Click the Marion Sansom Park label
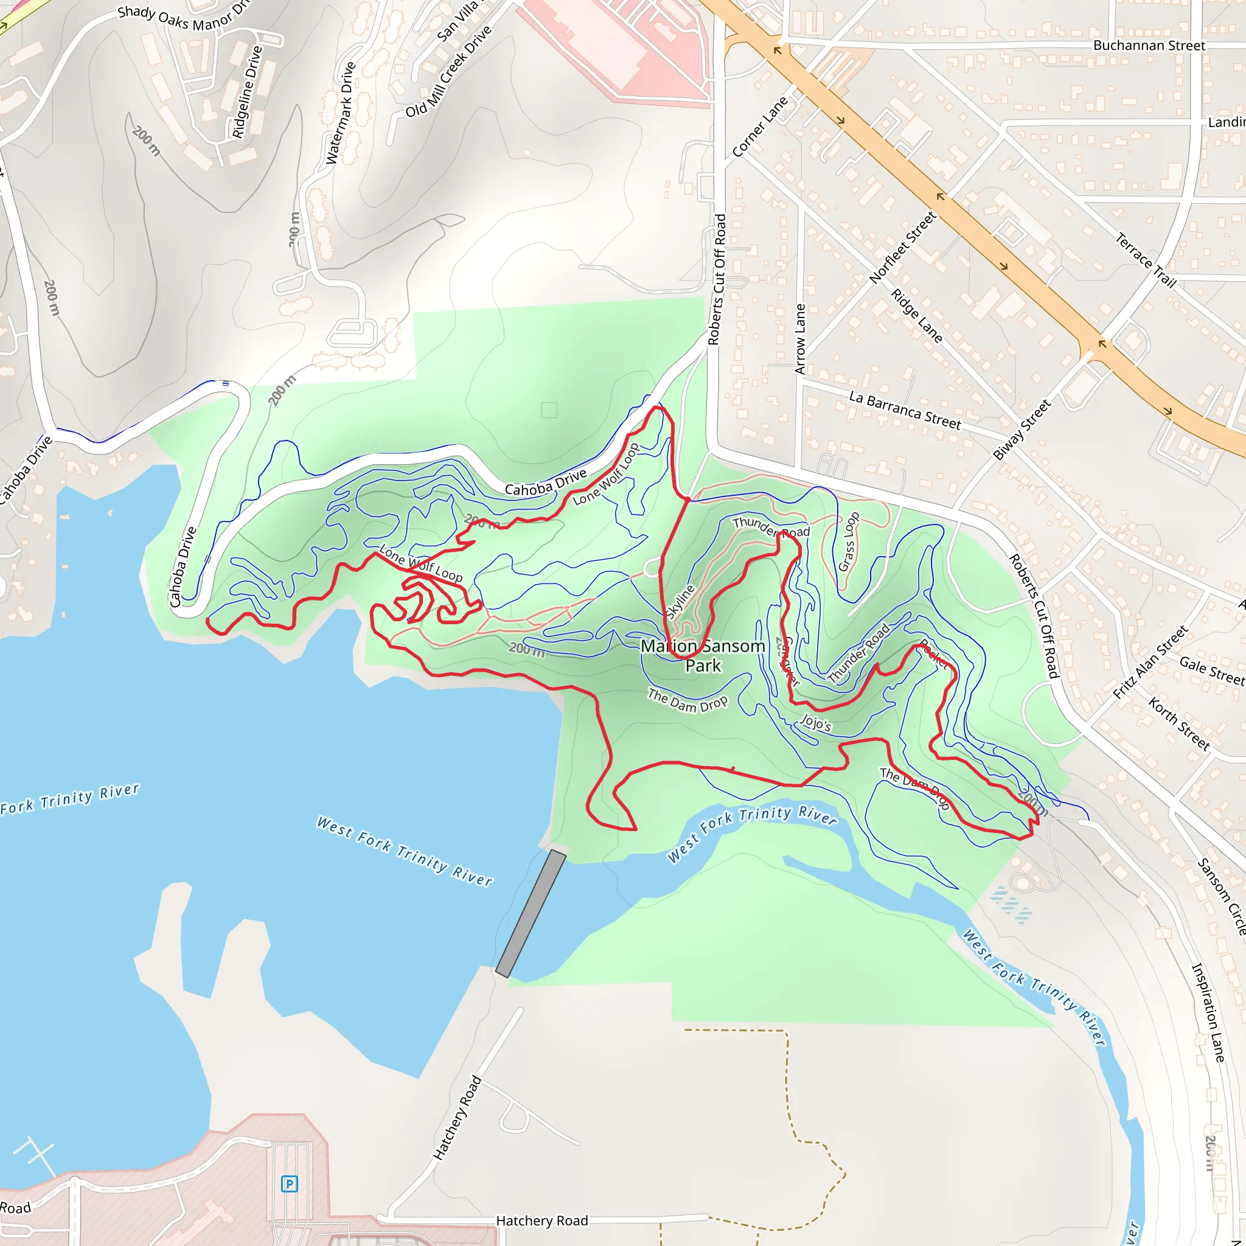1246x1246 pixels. tap(702, 655)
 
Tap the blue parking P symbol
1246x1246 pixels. tap(290, 1184)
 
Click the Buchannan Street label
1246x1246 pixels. tap(1149, 46)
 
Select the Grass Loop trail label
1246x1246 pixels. tap(848, 541)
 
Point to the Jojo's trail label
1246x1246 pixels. tap(815, 723)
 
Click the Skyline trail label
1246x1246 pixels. tap(680, 602)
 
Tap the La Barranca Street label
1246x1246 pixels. tap(904, 410)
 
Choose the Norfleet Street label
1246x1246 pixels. tap(902, 248)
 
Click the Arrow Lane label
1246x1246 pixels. tap(801, 339)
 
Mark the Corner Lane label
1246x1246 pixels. tap(760, 127)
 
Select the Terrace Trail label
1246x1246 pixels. tap(1146, 260)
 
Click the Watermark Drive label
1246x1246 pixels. tap(341, 113)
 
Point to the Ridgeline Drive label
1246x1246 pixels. tap(248, 92)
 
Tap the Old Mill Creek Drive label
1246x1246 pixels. tap(448, 72)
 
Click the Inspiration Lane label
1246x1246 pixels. tap(1207, 1012)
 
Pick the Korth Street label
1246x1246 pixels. tap(1179, 723)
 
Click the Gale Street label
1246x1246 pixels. tap(1212, 670)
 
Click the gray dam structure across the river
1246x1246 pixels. tap(531, 914)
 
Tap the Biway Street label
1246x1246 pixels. tap(1022, 430)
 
